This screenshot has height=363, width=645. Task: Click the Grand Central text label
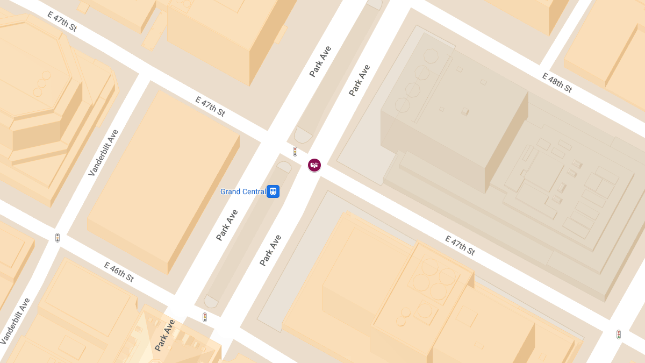pos(243,192)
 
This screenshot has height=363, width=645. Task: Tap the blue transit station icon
pos(273,191)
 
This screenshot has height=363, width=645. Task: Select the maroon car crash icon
pos(314,165)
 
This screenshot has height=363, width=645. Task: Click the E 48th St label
pos(557,83)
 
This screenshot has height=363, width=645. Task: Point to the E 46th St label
pos(119,272)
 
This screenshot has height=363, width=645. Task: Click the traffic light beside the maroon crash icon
pos(295,152)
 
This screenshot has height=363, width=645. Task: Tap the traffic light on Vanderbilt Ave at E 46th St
pos(58,237)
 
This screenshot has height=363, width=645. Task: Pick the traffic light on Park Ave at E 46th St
pos(205,317)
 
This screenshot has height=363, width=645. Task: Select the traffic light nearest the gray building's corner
pos(619,334)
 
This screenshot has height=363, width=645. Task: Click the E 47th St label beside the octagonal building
pos(62,22)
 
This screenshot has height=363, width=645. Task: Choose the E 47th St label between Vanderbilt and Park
pos(210,106)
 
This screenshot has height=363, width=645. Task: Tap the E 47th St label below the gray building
pos(460,245)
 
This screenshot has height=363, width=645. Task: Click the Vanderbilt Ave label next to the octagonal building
pos(103,153)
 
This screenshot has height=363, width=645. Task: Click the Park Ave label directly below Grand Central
pos(227,225)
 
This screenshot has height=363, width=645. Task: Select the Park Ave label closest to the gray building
pos(360,81)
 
